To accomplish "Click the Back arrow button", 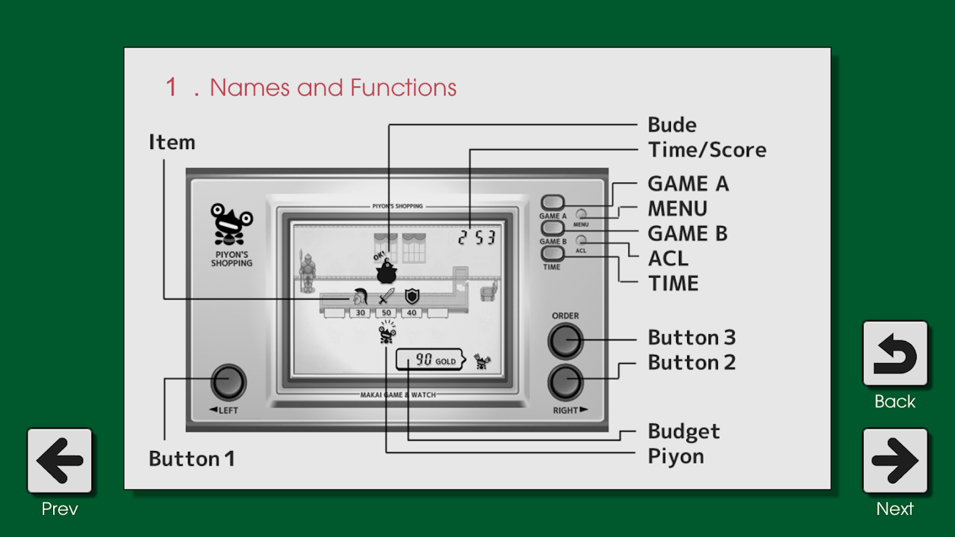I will [x=895, y=354].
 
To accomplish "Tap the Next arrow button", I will [x=895, y=461].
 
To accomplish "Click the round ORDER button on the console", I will [x=565, y=341].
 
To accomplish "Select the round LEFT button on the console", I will [x=228, y=383].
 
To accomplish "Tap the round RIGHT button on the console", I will [x=565, y=383].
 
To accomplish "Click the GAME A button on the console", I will [x=553, y=203].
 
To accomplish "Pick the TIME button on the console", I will [x=552, y=253].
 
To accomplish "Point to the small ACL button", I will [x=582, y=240].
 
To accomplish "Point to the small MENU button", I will [x=582, y=214].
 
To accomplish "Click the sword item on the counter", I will [x=386, y=295].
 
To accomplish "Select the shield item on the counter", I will [x=412, y=295].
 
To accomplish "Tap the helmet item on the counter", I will [x=361, y=295].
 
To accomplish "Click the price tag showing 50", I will [x=386, y=313].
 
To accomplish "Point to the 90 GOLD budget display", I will [x=430, y=360].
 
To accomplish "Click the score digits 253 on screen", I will [x=477, y=237].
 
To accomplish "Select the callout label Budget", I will [x=684, y=432].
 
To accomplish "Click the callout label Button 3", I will [x=692, y=338].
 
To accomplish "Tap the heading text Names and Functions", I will [x=332, y=88].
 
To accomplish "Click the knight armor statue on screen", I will [x=307, y=271].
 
